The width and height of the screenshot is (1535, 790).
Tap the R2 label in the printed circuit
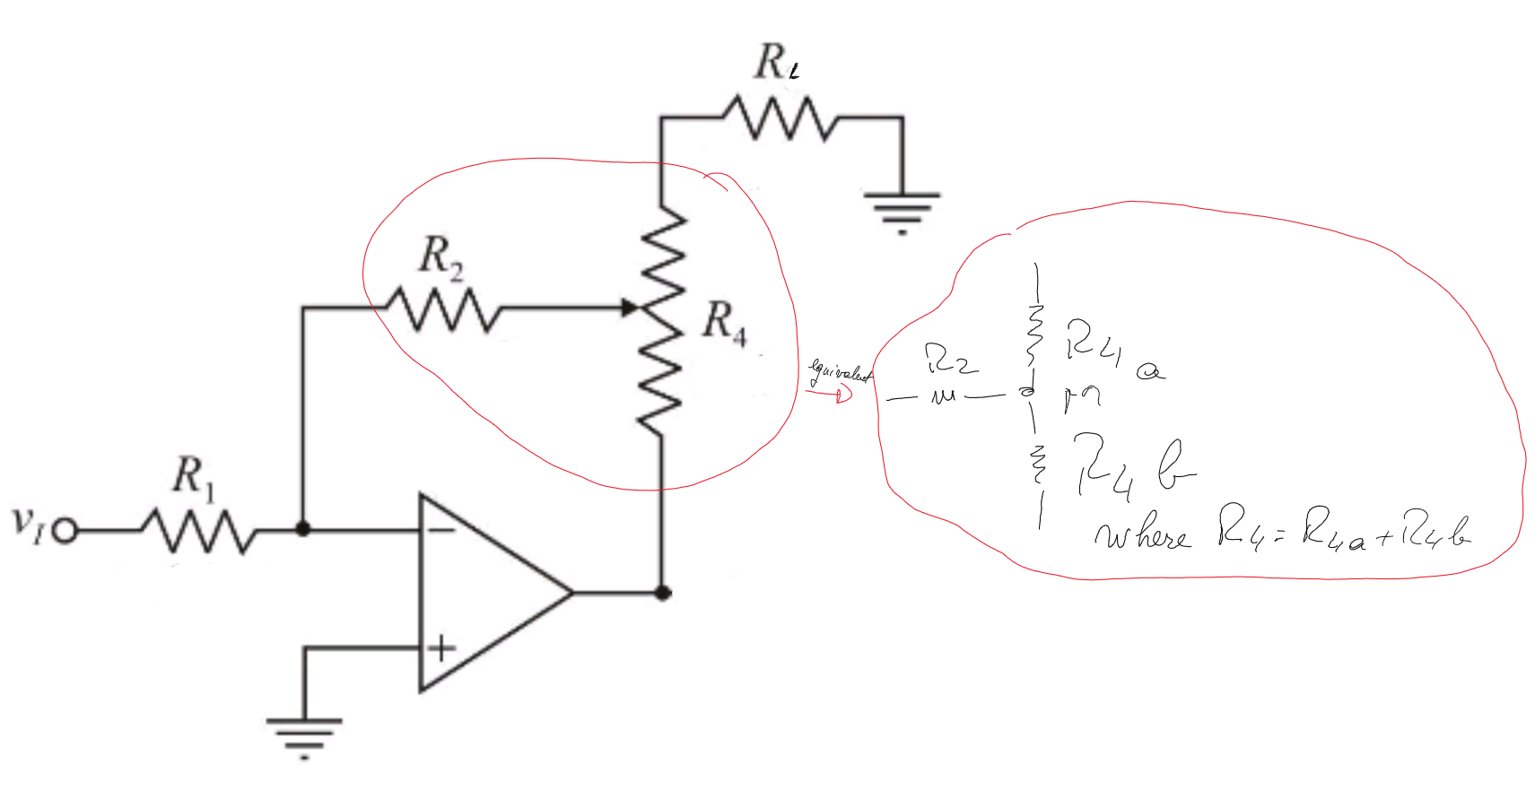(441, 257)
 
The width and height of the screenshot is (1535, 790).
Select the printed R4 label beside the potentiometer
(723, 322)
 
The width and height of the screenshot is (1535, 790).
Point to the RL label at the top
(776, 63)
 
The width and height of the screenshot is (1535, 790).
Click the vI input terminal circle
(64, 532)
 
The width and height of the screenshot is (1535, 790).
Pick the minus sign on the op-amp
(441, 530)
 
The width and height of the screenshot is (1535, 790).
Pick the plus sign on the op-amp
(441, 647)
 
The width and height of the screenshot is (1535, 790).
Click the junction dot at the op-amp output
(662, 593)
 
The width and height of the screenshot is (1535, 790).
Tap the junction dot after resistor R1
(303, 530)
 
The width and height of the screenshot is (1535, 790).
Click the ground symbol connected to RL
(902, 212)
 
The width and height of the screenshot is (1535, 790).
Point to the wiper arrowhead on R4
(630, 308)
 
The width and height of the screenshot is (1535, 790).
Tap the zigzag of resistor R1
(198, 531)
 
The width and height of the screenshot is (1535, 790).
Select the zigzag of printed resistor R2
(443, 308)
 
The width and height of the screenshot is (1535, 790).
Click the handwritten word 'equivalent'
(840, 372)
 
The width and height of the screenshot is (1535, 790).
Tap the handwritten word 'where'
(1141, 535)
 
